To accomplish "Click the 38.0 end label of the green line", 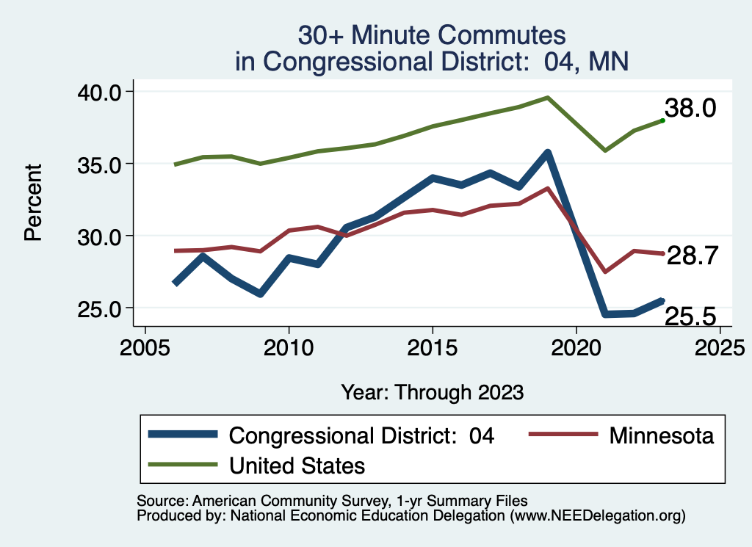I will coord(695,109).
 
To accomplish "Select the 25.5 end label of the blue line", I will coord(690,316).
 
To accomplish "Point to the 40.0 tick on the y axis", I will coord(101,92).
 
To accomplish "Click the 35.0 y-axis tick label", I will coord(101,164).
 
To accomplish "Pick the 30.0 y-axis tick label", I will coord(101,236).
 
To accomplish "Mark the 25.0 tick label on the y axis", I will coord(101,308).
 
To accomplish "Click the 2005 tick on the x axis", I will coord(145,347).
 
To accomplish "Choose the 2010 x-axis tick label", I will coord(289,347).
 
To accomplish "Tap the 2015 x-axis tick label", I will coord(433,347).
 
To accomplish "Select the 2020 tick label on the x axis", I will coord(576,347).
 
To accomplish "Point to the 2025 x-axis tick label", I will coord(720,347).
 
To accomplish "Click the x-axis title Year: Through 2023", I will coord(432,392).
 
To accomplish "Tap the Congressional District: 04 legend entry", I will coord(361,435).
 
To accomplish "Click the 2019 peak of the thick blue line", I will coord(547,153).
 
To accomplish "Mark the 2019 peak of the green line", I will coord(547,97).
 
